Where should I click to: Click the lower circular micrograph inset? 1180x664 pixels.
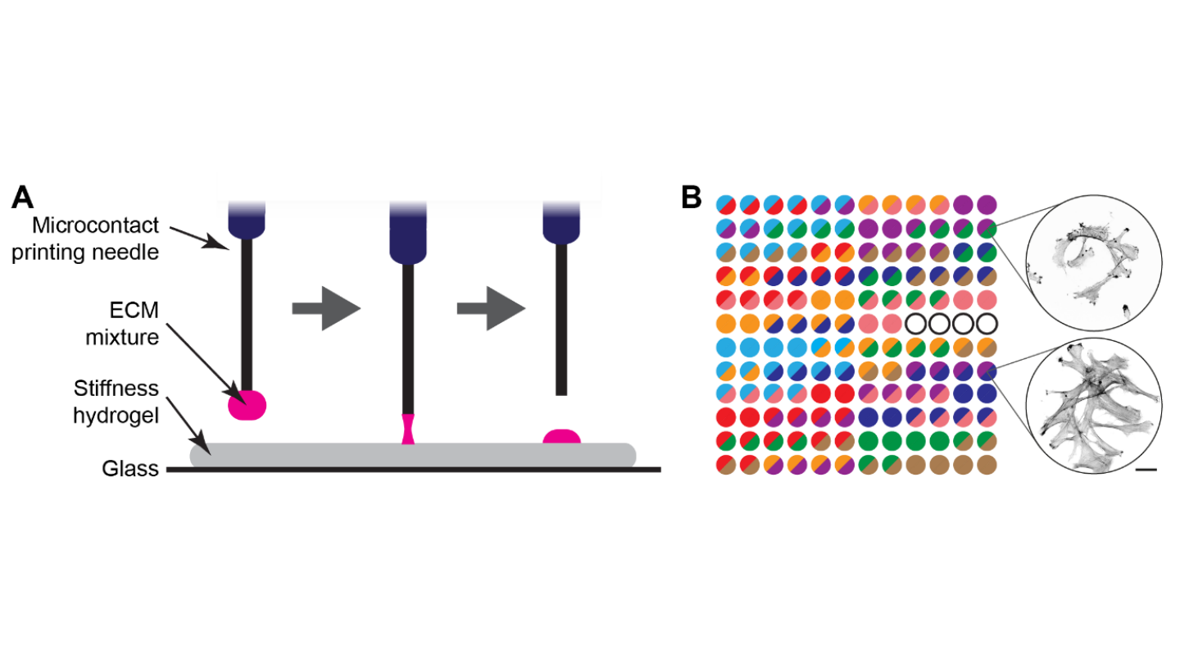1093,406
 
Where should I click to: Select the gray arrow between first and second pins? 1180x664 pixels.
326,308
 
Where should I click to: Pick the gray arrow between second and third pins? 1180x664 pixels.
490,308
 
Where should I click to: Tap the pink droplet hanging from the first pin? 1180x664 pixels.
247,405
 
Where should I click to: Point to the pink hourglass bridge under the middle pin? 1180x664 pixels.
408,429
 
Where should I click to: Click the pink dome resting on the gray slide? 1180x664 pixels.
561,436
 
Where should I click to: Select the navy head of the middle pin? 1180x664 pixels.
408,234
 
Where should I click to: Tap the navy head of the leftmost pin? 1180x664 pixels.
246,221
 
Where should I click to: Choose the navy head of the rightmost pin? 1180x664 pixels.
561,223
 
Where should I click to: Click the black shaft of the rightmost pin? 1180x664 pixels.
561,320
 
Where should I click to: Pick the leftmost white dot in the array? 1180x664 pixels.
915,323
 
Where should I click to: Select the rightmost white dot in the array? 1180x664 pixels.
987,323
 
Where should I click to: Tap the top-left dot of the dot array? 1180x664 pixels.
725,204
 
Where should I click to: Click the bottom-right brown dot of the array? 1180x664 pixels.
987,465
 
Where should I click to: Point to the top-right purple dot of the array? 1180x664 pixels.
987,204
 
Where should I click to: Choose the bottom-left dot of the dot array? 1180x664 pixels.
725,465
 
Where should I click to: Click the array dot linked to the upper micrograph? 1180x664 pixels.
987,228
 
